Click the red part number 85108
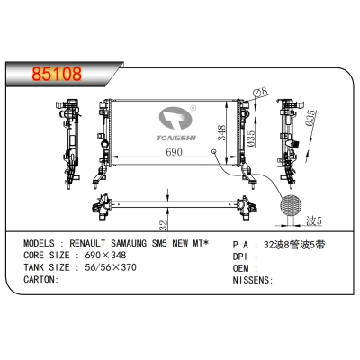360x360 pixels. [x=57, y=74]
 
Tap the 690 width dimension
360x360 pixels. [x=174, y=152]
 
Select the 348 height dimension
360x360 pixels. [x=221, y=132]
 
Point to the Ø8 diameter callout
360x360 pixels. [x=260, y=92]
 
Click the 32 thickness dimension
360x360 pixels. [x=163, y=226]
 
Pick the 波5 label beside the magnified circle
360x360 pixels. [x=313, y=221]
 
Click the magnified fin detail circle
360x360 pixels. [x=291, y=205]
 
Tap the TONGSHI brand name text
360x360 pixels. [x=176, y=138]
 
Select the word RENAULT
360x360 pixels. [x=87, y=243]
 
